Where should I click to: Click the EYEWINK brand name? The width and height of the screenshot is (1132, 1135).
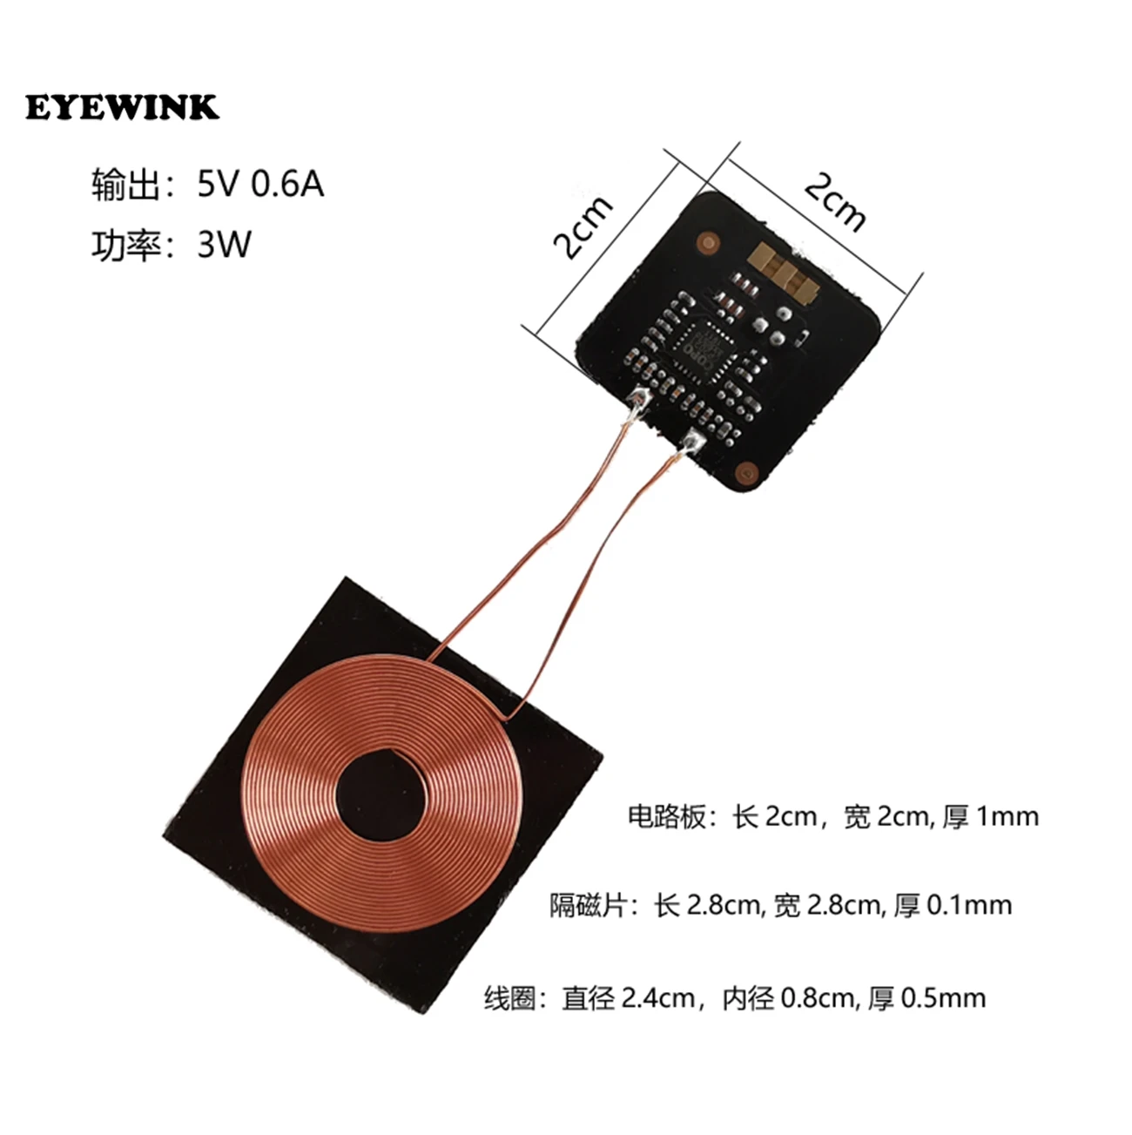(122, 107)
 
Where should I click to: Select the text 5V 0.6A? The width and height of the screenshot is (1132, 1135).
(260, 185)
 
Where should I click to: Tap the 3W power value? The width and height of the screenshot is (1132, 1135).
(224, 245)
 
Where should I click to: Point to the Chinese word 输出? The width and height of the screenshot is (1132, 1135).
(125, 185)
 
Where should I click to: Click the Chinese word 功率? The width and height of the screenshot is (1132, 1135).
(125, 245)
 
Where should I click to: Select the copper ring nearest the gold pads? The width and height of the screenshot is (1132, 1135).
(708, 241)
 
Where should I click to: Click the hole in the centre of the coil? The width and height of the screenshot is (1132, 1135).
(381, 796)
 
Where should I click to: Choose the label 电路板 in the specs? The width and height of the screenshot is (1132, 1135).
(665, 818)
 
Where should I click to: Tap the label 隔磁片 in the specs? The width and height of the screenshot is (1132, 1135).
(588, 905)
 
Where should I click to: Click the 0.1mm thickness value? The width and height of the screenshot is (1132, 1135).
(970, 906)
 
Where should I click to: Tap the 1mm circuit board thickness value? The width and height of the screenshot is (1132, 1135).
(1007, 818)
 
